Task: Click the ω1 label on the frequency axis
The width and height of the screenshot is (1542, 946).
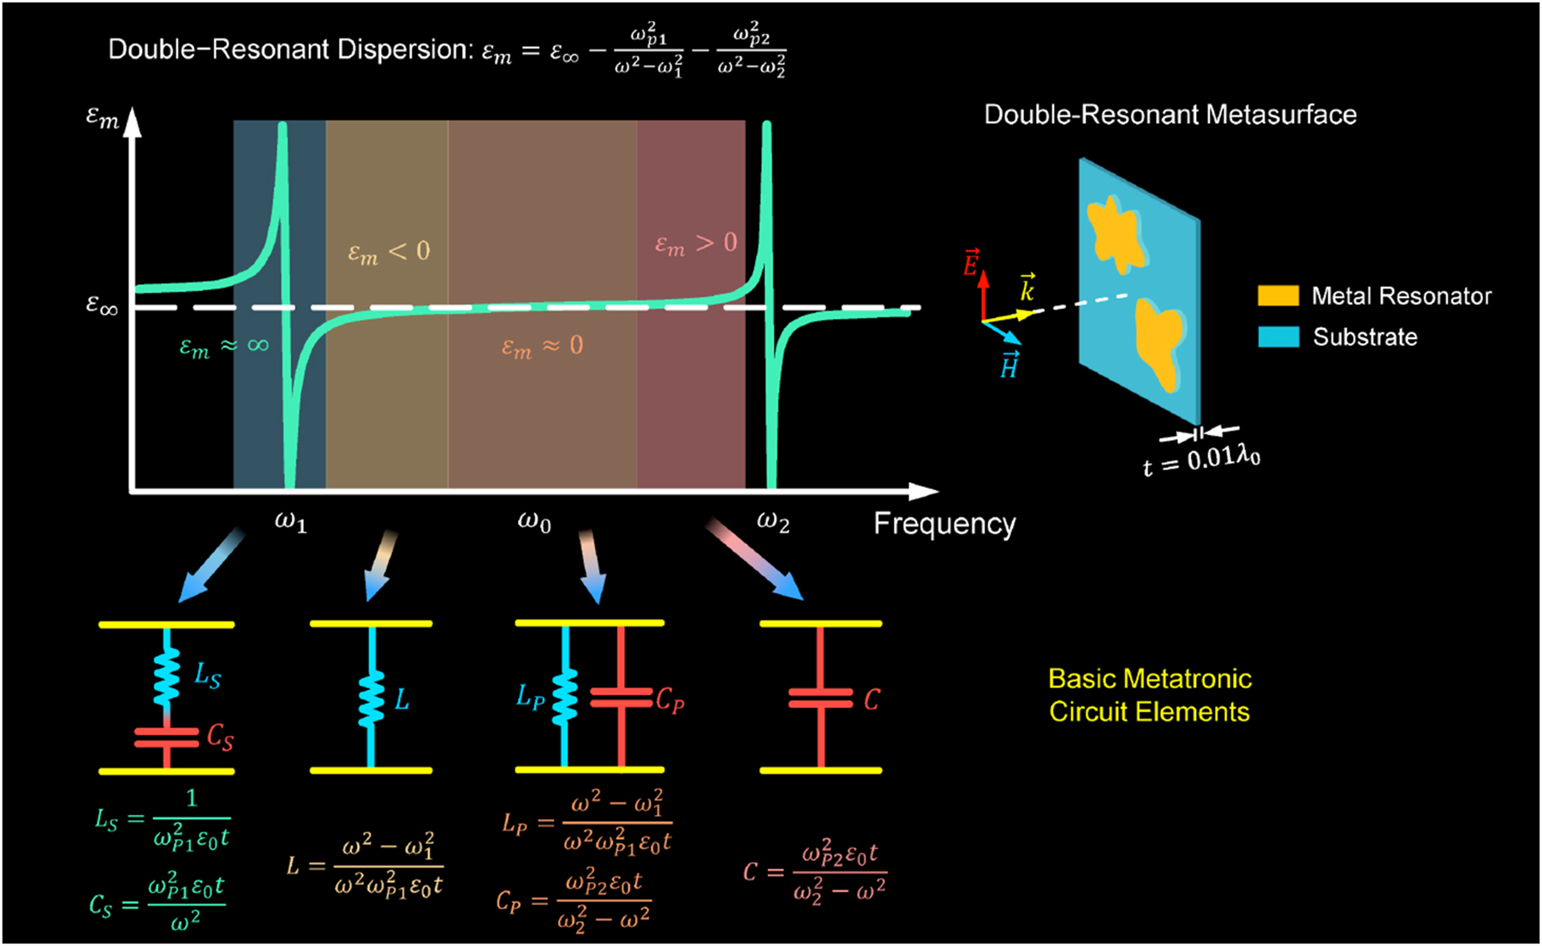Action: [x=290, y=521]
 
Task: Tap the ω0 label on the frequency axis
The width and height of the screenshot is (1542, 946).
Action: [x=534, y=521]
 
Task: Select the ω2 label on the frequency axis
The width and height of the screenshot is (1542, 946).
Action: [x=772, y=521]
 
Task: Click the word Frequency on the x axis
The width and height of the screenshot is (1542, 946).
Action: [x=944, y=523]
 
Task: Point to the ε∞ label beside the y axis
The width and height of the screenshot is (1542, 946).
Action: [x=102, y=305]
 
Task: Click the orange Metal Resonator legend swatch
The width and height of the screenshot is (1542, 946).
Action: [x=1277, y=296]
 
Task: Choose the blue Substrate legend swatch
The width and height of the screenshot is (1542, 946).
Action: [x=1277, y=336]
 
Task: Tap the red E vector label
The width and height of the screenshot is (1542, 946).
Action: [x=971, y=263]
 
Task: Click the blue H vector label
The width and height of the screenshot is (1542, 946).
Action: [x=1009, y=366]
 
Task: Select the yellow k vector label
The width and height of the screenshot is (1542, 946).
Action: [x=1027, y=288]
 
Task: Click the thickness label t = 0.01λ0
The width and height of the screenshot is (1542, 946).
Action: [x=1201, y=461]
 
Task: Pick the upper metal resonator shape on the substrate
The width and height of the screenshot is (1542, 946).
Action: [x=1116, y=232]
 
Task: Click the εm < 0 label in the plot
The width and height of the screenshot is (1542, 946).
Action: [x=389, y=252]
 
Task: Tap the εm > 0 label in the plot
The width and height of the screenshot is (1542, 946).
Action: [x=695, y=244]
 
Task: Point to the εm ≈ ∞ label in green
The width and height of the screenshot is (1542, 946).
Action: [x=223, y=347]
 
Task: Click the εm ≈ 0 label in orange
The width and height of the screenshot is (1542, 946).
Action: [x=542, y=347]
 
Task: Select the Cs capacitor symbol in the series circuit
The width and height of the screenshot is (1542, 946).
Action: [x=167, y=737]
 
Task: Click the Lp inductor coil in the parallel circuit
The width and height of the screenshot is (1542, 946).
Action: [x=564, y=697]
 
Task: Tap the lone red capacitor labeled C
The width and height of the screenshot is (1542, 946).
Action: [x=820, y=699]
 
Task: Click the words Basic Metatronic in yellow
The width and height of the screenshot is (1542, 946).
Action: [x=1149, y=679]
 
